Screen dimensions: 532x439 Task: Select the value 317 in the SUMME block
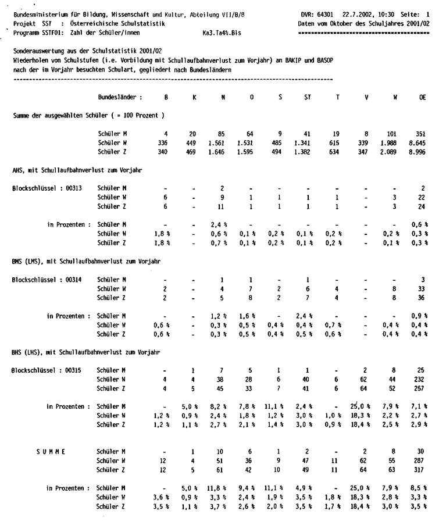point(421,470)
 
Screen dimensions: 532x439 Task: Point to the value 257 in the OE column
point(421,389)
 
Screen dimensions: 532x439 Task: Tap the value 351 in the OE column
point(421,134)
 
